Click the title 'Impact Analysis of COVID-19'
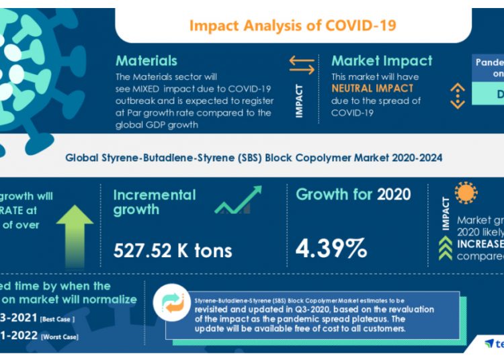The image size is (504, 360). (x=292, y=26)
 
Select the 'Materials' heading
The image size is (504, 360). (x=146, y=61)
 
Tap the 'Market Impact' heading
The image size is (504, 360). (x=382, y=61)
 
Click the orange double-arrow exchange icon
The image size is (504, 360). (x=302, y=65)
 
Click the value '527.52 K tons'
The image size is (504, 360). (x=172, y=251)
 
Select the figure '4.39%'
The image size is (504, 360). (x=332, y=248)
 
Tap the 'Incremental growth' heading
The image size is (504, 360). (x=155, y=202)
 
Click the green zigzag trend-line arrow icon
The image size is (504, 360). (x=238, y=200)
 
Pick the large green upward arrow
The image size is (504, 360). (x=75, y=232)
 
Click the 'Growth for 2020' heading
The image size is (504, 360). (x=353, y=195)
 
